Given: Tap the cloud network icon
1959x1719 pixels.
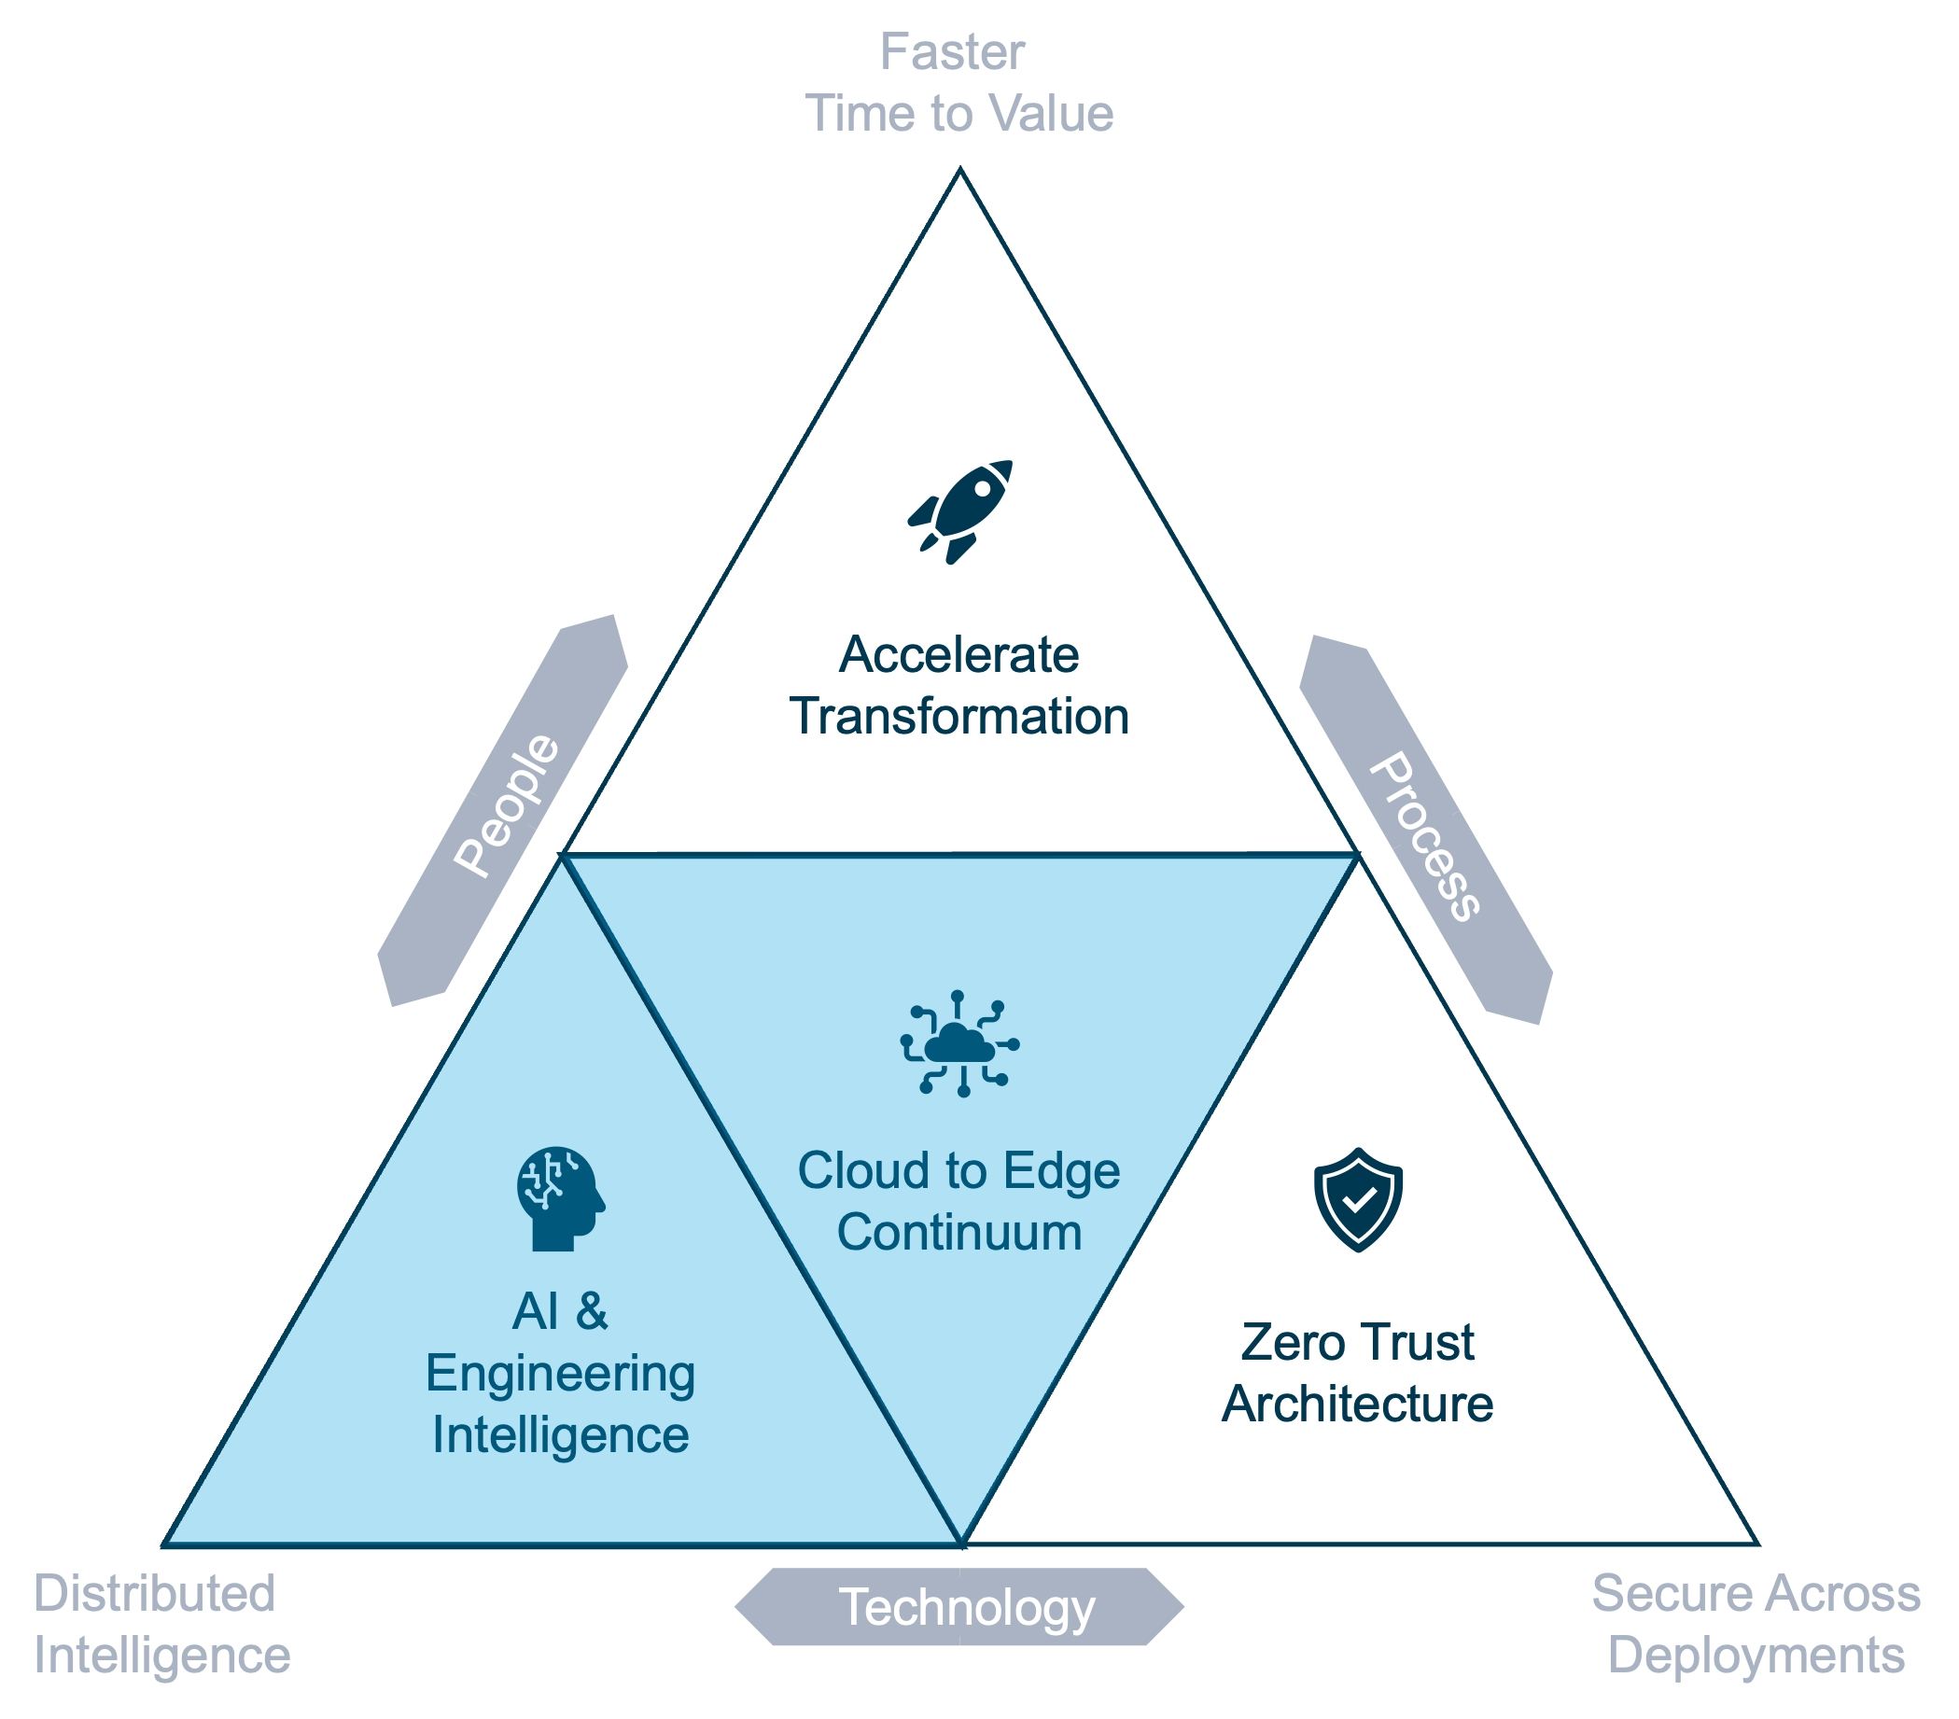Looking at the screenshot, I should tap(959, 1043).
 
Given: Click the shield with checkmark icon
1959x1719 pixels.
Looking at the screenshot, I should tap(1358, 1199).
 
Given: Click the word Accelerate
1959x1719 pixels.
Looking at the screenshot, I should tap(959, 655).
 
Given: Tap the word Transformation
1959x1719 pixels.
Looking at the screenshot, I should tap(959, 717).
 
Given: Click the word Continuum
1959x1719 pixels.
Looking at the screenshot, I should tap(959, 1232).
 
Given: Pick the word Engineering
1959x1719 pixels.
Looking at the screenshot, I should tap(561, 1374).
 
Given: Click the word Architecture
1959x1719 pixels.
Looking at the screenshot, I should tap(1357, 1404).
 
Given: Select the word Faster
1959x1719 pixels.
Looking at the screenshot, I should tap(952, 51).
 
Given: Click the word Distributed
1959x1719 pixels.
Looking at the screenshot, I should tap(154, 1593).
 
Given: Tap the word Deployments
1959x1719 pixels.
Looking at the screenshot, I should tap(1756, 1655).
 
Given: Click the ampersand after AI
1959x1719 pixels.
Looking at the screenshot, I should tap(592, 1311).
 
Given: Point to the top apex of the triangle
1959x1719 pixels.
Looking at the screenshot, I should tap(960, 172).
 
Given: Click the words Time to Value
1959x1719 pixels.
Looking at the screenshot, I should tap(959, 113).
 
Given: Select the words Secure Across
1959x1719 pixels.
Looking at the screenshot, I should tap(1756, 1593).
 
